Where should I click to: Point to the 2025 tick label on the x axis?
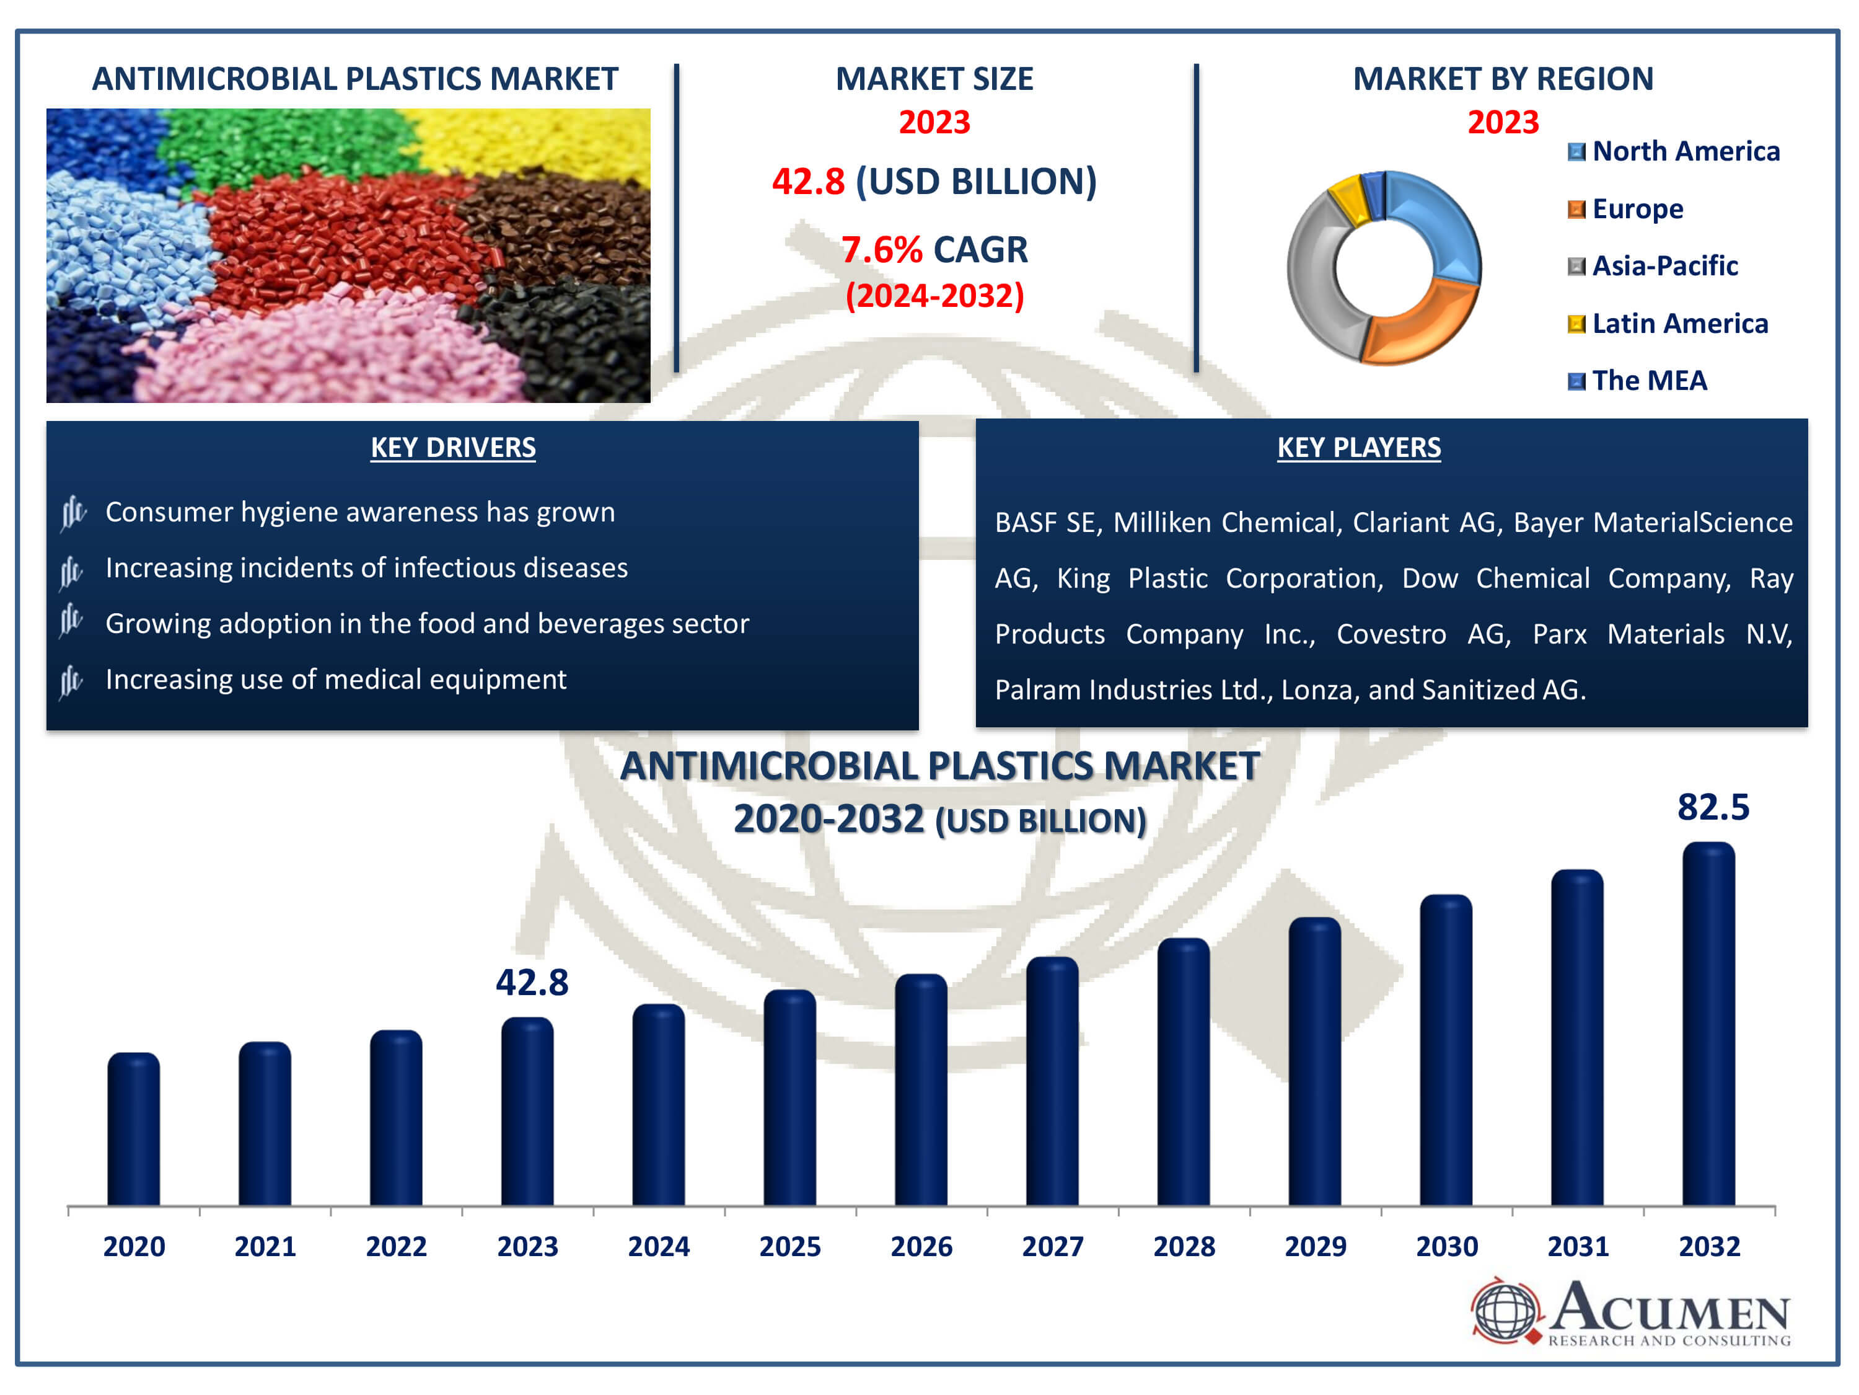coord(789,1246)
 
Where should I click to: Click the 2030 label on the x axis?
coord(1446,1246)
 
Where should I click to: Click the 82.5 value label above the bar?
coord(1713,807)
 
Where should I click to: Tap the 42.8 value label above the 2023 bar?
coord(531,982)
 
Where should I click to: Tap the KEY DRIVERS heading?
coord(453,448)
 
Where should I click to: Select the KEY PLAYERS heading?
coord(1358,448)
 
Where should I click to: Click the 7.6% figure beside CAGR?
coord(881,250)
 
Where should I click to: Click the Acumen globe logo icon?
coord(1505,1310)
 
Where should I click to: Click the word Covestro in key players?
coord(1391,634)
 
